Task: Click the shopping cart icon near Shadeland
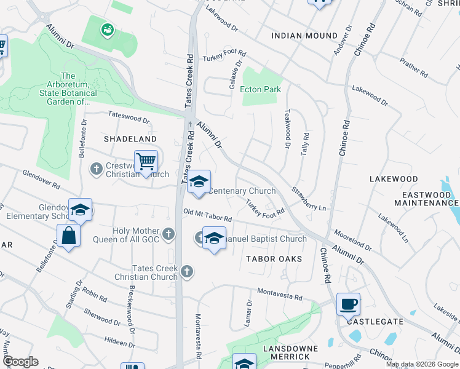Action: [146, 162]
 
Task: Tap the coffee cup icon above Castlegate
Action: [348, 303]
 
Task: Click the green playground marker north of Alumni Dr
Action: [108, 28]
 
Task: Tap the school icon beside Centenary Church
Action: [198, 182]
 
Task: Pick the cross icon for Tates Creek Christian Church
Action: [187, 271]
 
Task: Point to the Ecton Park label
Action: [260, 90]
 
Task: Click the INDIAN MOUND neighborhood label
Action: [304, 36]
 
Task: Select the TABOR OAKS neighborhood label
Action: [275, 259]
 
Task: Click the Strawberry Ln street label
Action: [309, 200]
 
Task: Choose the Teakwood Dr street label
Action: [287, 129]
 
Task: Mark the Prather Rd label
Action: [413, 68]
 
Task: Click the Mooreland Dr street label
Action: [352, 241]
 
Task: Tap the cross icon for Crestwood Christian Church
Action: [96, 168]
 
